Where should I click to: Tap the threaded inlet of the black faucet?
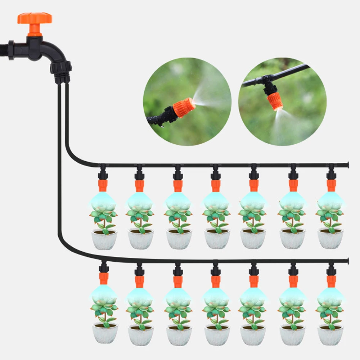[x=11, y=50]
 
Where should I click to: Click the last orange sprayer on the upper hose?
[x=331, y=185]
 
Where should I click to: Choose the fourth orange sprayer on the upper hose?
[x=216, y=185]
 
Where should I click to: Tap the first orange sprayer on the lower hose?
[x=104, y=278]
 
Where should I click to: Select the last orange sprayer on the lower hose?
[x=331, y=281]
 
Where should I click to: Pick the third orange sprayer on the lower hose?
[x=177, y=281]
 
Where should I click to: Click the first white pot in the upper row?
[x=104, y=239]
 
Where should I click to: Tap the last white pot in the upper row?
[x=330, y=239]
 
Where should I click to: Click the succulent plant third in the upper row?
[x=178, y=216]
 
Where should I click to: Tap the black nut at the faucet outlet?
[x=61, y=68]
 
